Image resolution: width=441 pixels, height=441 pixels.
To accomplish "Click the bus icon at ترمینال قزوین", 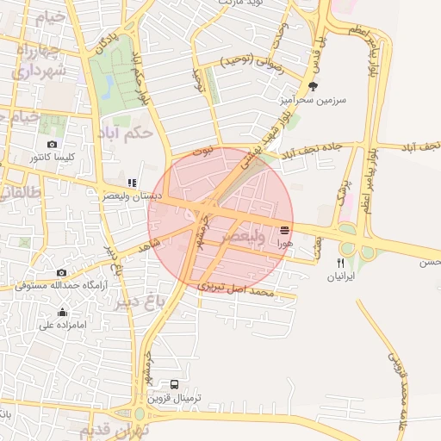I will (176, 385).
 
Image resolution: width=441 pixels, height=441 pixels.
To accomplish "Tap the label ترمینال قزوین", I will (176, 399).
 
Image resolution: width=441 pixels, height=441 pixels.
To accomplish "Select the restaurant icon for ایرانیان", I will (340, 263).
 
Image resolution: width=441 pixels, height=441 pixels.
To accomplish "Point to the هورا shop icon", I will (284, 229).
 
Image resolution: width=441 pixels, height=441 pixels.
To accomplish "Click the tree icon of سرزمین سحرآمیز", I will (313, 86).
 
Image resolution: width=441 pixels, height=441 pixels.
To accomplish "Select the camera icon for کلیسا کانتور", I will (53, 144).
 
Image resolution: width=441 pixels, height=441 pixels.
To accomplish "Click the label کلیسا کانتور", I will (53, 158).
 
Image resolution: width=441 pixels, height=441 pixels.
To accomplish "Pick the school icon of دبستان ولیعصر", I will (132, 183).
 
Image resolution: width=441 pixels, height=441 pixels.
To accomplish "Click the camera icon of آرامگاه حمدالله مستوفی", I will (61, 272).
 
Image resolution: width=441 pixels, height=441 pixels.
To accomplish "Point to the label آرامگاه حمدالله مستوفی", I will (61, 285).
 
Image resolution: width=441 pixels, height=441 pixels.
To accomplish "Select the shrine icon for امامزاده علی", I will (62, 312).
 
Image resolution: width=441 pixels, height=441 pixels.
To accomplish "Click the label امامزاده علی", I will (62, 326).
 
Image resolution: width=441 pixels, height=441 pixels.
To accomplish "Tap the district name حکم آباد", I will (126, 133).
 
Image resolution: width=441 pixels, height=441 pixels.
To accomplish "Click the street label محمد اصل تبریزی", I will (236, 289).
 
